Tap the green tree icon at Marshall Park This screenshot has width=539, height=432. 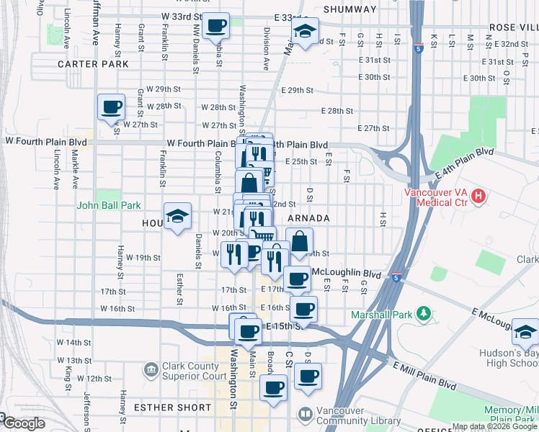pyautogui.click(x=424, y=314)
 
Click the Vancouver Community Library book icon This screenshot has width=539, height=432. pyautogui.click(x=306, y=415)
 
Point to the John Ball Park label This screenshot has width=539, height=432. pyautogui.click(x=109, y=205)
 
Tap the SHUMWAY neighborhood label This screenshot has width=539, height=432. pyautogui.click(x=350, y=9)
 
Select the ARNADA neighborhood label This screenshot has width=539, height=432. pyautogui.click(x=308, y=217)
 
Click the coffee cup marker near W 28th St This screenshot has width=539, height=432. pyautogui.click(x=111, y=108)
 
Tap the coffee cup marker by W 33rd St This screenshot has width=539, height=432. pyautogui.click(x=215, y=27)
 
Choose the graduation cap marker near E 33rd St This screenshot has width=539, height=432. pyautogui.click(x=305, y=31)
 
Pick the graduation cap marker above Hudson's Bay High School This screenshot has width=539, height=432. pyautogui.click(x=525, y=331)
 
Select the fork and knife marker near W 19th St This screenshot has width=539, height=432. pyautogui.click(x=234, y=254)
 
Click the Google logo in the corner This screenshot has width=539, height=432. pyautogui.click(x=23, y=423)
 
